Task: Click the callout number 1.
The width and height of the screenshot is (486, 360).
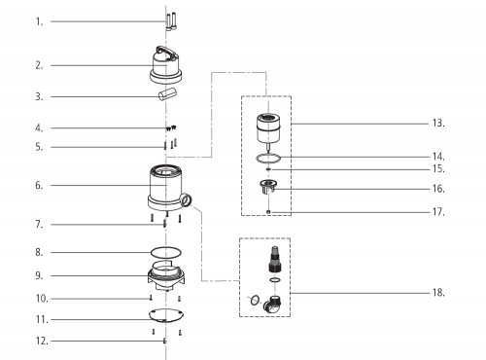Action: click(39, 22)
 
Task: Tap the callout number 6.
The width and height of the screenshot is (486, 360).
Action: click(39, 186)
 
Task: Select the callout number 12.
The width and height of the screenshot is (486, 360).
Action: click(42, 341)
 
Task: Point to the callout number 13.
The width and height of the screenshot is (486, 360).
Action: click(438, 124)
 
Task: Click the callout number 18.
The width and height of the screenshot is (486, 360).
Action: click(438, 293)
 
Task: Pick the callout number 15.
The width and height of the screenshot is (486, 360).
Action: click(438, 169)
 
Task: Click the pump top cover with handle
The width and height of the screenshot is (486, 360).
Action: click(165, 65)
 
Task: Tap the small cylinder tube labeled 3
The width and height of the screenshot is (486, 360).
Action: click(167, 93)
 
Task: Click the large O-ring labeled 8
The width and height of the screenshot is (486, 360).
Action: click(166, 248)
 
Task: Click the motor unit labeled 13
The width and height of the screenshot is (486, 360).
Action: click(268, 128)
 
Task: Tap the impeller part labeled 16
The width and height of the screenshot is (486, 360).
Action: click(267, 187)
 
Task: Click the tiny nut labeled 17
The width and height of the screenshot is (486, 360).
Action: click(268, 212)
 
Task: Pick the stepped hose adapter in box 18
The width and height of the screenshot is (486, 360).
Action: click(274, 259)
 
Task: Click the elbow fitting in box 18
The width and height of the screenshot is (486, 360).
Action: click(272, 305)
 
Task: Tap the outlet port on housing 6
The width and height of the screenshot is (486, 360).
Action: click(187, 199)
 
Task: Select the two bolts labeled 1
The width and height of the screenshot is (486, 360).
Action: click(171, 21)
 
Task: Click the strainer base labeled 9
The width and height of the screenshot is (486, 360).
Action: click(166, 275)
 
